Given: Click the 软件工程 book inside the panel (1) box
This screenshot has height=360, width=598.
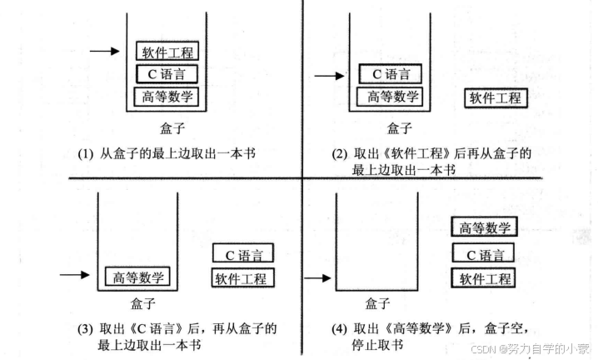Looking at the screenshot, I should tap(168, 52).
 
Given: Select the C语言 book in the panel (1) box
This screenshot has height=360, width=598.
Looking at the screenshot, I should tap(168, 73).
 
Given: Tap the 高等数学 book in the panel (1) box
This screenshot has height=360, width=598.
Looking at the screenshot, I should tap(168, 96).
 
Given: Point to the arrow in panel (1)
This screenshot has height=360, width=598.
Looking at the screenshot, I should tap(105, 52).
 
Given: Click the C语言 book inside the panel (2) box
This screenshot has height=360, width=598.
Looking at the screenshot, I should tap(390, 73).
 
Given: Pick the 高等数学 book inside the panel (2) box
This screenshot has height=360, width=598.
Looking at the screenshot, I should tap(390, 96).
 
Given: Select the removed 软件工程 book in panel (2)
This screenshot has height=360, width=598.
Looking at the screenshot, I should tap(495, 97).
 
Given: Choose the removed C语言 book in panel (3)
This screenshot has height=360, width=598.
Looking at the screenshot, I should tap(243, 253).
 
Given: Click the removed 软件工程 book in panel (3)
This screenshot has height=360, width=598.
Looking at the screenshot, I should tap(243, 277).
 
